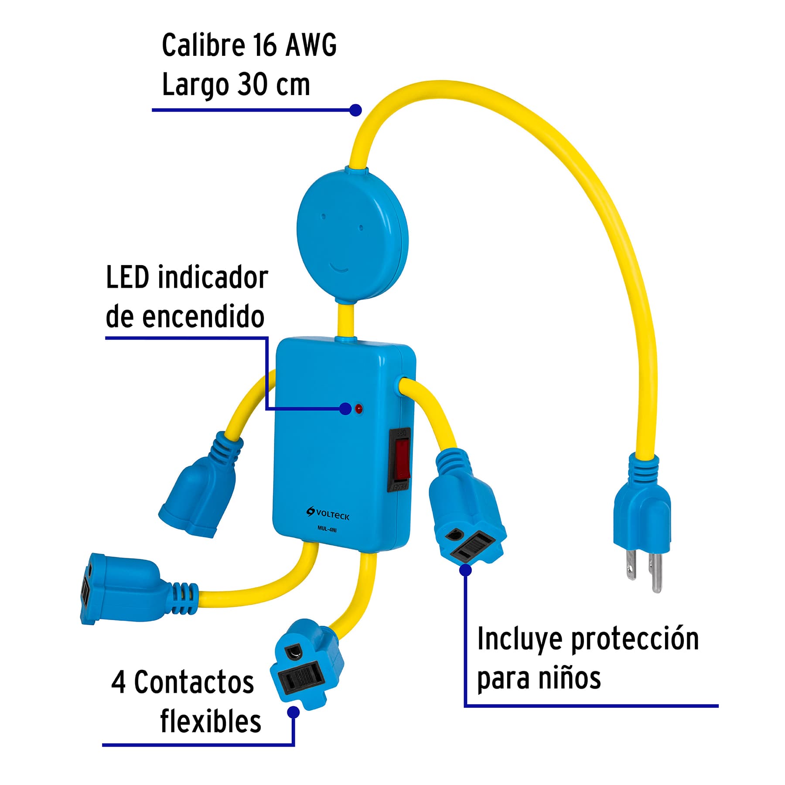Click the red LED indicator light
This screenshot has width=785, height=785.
(358, 409)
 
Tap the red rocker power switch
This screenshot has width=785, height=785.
(402, 457)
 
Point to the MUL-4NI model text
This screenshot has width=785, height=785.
(327, 529)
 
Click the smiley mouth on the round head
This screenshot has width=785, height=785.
(338, 267)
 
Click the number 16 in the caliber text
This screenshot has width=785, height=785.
(264, 45)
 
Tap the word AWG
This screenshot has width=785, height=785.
(311, 45)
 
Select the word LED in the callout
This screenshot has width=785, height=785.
(127, 277)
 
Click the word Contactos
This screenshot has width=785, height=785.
(194, 682)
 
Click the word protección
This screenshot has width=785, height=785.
(635, 639)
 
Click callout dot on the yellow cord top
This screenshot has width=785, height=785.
(355, 110)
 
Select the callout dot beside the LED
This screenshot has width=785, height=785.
(345, 409)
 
